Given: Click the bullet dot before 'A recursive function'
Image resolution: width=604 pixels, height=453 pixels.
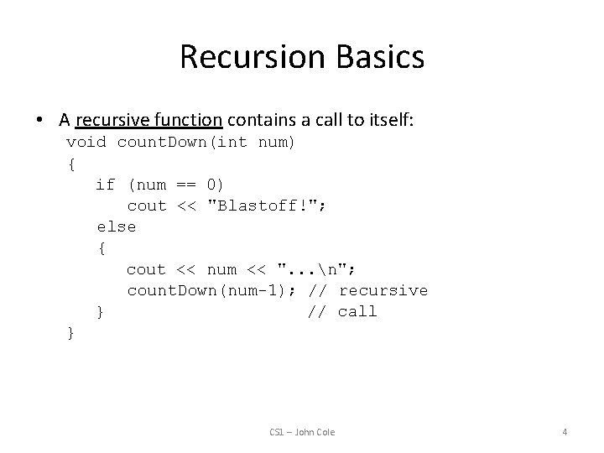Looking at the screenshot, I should click(41, 120).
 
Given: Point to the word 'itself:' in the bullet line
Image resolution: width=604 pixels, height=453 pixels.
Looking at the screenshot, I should click(387, 120).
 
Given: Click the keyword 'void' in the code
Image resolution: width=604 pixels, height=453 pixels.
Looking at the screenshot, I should click(86, 142).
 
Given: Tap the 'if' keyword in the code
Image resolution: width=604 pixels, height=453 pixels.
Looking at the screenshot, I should click(106, 185).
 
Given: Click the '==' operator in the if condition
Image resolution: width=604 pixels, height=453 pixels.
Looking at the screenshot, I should click(186, 185).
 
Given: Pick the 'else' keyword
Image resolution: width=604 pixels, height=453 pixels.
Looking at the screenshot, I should click(116, 226).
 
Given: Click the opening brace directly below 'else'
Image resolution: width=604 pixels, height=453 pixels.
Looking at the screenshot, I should click(102, 248).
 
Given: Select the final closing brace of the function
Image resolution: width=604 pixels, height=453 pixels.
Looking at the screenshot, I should click(71, 333).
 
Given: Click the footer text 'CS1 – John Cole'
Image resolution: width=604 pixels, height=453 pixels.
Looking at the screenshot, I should click(302, 432).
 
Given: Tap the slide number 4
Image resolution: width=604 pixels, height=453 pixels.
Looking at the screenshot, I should click(565, 432).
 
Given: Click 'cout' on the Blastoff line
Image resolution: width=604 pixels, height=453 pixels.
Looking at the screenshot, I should click(147, 206).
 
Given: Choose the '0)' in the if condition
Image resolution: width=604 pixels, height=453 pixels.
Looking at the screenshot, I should click(216, 185).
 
